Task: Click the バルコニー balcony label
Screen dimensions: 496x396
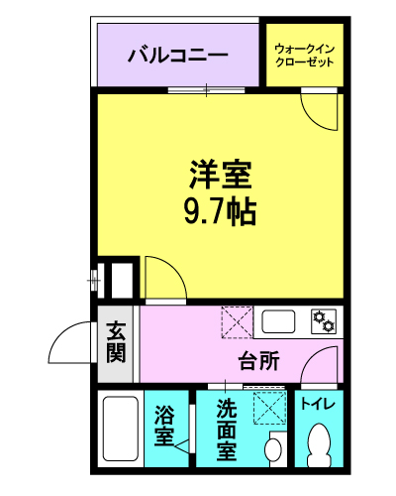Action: coord(178,55)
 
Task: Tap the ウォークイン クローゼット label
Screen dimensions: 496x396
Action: coord(305,54)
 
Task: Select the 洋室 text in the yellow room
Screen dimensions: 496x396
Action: coord(221,176)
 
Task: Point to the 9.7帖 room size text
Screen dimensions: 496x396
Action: coord(220,210)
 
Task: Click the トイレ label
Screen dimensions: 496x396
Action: coord(318,405)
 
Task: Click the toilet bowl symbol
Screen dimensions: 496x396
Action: coord(319,444)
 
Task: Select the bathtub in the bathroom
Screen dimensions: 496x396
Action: coord(120,430)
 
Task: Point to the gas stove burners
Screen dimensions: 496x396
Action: coord(323,320)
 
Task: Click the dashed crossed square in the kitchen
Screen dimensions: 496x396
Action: coord(237,321)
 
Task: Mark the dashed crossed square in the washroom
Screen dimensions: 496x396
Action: coord(267,408)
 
